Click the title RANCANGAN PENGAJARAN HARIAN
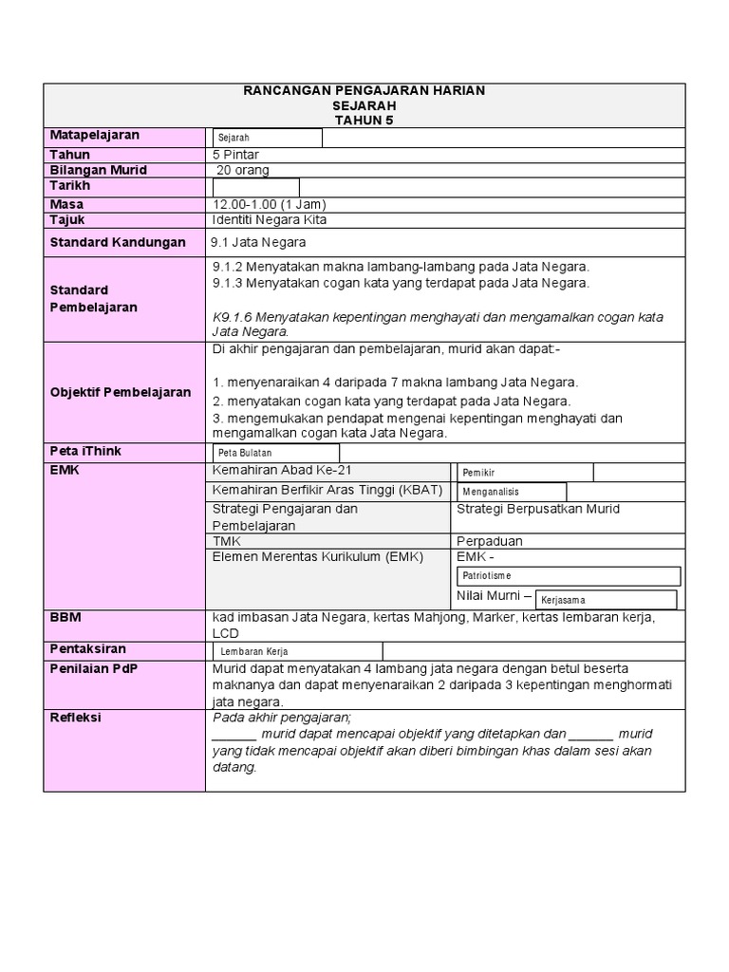(x=364, y=90)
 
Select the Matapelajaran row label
(x=94, y=136)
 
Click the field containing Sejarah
(x=267, y=139)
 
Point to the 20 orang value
(x=243, y=171)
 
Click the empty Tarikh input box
(x=255, y=187)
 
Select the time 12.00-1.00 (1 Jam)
(x=271, y=204)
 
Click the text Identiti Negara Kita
(x=271, y=220)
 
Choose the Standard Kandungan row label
(x=118, y=242)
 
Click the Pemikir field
(x=526, y=473)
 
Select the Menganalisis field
(x=512, y=492)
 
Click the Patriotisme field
(x=569, y=576)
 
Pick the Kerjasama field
(x=607, y=600)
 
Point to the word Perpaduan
(x=490, y=541)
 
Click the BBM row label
(x=65, y=617)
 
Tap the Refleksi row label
(x=75, y=718)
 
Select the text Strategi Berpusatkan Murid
(x=538, y=509)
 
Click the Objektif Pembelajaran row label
(x=120, y=392)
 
